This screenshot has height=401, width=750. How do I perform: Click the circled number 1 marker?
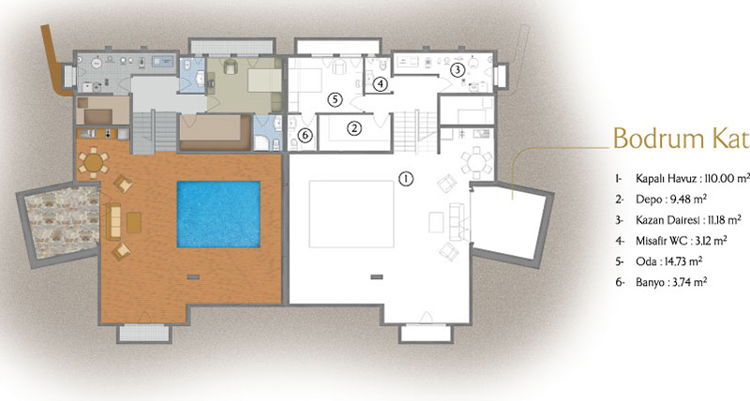[406, 179]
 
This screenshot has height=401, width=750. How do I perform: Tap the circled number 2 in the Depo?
[354, 128]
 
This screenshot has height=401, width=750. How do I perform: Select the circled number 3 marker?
[457, 70]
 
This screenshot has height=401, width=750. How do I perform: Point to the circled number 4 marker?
[380, 84]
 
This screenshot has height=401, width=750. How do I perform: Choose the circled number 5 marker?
[336, 100]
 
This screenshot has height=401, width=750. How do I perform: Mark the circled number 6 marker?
[305, 136]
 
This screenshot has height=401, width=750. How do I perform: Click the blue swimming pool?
[218, 215]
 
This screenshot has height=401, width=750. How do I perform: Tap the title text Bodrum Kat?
[682, 139]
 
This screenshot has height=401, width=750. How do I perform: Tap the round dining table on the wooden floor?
[93, 162]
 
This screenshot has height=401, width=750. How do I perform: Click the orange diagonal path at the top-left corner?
[52, 58]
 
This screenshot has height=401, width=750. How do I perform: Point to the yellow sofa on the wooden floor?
[113, 222]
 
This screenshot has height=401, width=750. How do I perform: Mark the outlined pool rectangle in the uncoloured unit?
[352, 215]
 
